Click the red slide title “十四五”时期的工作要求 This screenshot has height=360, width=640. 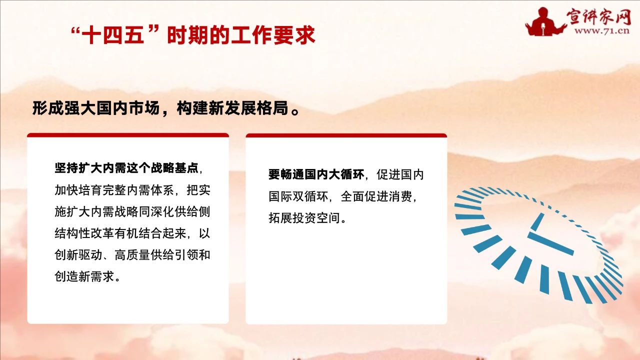(193, 35)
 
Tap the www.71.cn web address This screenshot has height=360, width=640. (602, 31)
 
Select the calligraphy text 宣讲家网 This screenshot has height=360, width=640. (599, 17)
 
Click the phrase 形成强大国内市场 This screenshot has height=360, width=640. (96, 108)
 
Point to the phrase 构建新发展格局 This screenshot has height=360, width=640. (232, 108)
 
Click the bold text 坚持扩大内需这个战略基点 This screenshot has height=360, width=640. (126, 168)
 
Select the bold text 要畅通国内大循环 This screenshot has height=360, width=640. (316, 174)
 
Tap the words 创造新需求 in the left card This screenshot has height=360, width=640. (84, 276)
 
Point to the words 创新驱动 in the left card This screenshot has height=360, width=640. (78, 255)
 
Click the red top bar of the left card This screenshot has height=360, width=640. (128, 135)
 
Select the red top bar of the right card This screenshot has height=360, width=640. (346, 135)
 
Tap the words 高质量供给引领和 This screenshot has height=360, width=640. (162, 255)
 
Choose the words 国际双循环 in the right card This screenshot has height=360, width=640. (298, 196)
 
